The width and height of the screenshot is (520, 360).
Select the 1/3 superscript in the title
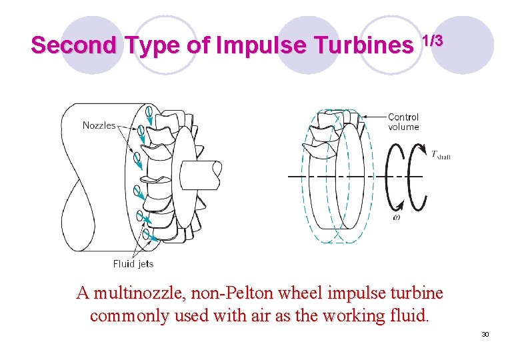point(431,40)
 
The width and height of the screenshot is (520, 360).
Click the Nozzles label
point(99,125)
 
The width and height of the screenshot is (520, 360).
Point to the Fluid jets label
point(133,263)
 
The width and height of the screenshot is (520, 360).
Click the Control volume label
point(403,122)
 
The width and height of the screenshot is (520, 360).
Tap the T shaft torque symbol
point(441,155)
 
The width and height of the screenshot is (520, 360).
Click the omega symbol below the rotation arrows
point(397,217)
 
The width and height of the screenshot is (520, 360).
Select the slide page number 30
point(485,334)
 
